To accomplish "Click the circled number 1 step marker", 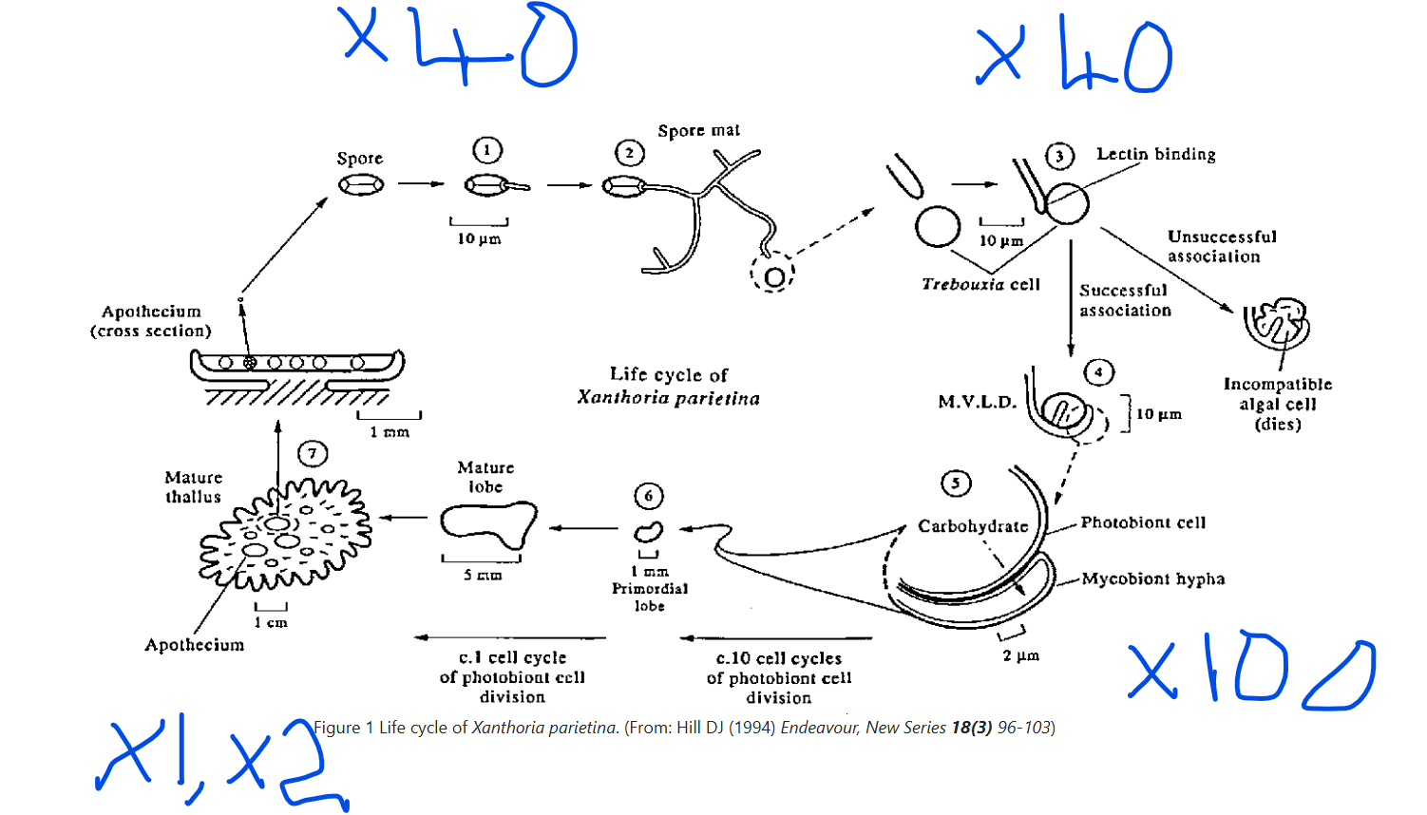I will tap(486, 150).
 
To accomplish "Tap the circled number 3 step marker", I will tap(1059, 156).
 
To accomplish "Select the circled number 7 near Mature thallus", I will tap(312, 454).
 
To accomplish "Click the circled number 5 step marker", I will tap(956, 483).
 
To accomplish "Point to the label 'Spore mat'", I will tap(698, 130).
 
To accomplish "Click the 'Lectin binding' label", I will tap(1155, 154).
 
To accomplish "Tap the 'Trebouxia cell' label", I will tap(980, 284).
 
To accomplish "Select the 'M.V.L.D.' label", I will tap(977, 402).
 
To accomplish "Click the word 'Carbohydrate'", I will tap(973, 526).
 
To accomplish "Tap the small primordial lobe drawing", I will tap(648, 532).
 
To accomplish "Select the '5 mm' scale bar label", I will tap(482, 576).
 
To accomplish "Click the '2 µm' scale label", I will tap(1020, 655).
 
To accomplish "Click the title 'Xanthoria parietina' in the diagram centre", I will tap(668, 398).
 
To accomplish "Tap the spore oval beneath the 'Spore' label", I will tap(361, 184).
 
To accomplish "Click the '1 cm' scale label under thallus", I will tap(271, 622).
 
